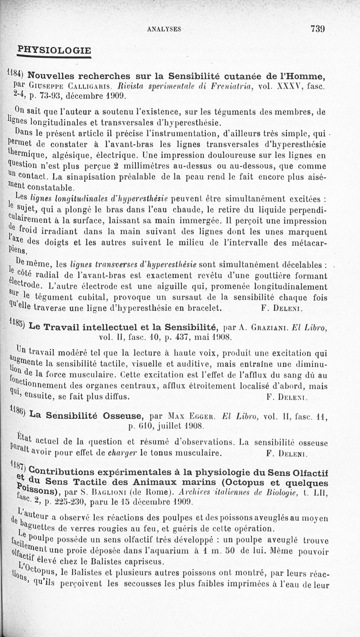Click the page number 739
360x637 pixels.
coord(317,28)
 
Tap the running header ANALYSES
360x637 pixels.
coord(164,29)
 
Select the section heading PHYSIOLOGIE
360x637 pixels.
coord(54,50)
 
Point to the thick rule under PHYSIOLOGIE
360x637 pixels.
coord(54,57)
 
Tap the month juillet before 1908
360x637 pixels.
coord(171,424)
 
